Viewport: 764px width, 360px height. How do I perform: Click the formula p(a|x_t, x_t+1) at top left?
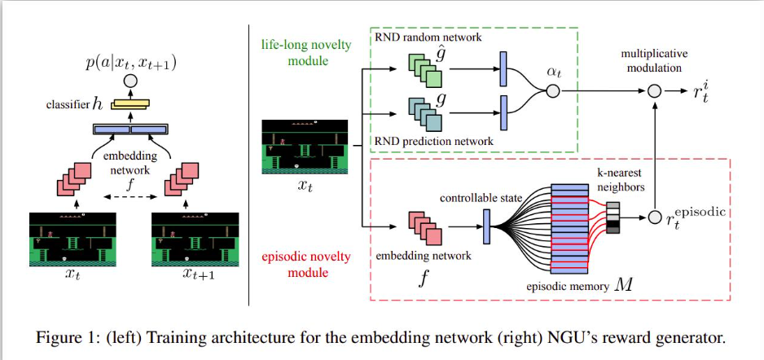pyautogui.click(x=130, y=63)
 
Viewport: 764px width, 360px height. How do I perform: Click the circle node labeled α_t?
pyautogui.click(x=552, y=91)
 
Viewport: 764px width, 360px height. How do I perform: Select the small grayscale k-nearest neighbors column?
pyautogui.click(x=613, y=217)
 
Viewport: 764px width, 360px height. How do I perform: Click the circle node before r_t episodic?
pyautogui.click(x=654, y=217)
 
